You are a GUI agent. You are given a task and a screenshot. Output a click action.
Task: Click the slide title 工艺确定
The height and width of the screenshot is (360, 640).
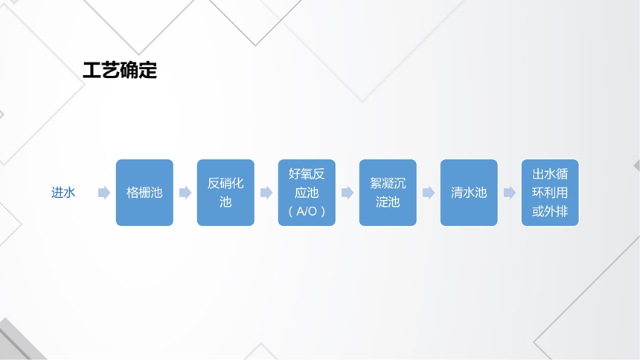(x=120, y=70)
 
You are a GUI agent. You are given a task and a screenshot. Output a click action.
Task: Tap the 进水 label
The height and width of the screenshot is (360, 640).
(x=63, y=192)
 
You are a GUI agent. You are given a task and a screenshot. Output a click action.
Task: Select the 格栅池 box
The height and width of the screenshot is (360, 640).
(x=144, y=193)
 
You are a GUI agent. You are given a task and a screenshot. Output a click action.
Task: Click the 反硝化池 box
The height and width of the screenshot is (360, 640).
(x=225, y=193)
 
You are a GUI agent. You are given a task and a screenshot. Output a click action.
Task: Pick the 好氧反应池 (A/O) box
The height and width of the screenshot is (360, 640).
(x=307, y=193)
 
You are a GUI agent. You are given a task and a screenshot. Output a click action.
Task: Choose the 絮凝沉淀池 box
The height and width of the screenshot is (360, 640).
(x=388, y=193)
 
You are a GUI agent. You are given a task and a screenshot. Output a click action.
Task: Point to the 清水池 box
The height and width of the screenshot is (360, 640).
(x=469, y=193)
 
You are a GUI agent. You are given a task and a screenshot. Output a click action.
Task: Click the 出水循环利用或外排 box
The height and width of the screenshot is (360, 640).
(x=550, y=193)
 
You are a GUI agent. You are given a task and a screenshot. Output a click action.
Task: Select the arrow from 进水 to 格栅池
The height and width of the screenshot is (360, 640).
(x=104, y=193)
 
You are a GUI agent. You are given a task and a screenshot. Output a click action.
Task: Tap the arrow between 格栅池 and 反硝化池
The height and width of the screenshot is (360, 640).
(x=185, y=193)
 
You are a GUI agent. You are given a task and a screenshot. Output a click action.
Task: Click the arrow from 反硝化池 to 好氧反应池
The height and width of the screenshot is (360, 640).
(x=266, y=193)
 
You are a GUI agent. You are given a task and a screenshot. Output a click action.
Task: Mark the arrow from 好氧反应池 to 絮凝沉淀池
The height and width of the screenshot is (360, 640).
(x=348, y=193)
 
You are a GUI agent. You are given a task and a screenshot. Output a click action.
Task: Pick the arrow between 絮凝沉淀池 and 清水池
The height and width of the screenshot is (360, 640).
(x=429, y=193)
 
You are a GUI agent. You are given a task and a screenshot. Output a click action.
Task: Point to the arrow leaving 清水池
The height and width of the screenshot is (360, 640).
(x=509, y=193)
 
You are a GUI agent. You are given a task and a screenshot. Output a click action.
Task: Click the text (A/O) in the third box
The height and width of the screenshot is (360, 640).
(x=307, y=211)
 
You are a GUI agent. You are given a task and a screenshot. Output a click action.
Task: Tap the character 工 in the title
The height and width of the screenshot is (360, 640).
(x=92, y=70)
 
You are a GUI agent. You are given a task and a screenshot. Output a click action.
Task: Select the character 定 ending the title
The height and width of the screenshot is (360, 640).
(x=148, y=70)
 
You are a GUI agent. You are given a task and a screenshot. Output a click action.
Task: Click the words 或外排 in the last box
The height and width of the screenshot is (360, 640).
(x=550, y=211)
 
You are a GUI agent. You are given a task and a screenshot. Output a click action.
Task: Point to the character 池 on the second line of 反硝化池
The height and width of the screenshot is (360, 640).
(x=225, y=202)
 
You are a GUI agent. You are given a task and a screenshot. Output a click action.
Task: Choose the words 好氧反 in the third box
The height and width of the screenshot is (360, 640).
(x=307, y=174)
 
